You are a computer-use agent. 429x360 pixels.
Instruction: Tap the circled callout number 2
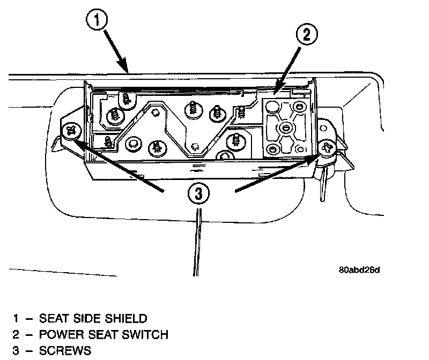[306, 36]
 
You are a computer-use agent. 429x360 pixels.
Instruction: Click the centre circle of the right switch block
[284, 127]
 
